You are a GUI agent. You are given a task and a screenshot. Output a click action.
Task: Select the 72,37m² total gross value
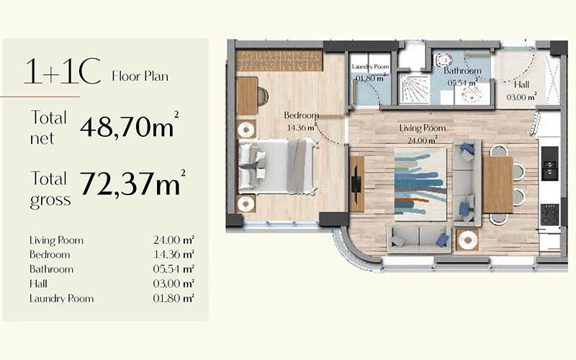(133, 183)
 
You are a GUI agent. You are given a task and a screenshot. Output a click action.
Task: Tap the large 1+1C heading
(63, 71)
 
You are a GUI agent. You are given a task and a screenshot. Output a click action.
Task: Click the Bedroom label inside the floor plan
(301, 115)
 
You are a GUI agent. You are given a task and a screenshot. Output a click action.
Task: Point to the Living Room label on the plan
(423, 128)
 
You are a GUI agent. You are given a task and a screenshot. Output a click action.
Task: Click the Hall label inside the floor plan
(521, 85)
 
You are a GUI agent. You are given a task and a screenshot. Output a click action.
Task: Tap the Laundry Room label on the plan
(370, 67)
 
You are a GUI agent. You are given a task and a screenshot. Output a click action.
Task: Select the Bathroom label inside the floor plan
(462, 71)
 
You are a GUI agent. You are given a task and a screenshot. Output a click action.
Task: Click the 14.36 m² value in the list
(174, 254)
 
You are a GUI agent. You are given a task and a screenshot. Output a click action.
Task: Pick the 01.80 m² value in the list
(174, 298)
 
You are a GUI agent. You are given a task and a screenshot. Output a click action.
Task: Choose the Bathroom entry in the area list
(51, 269)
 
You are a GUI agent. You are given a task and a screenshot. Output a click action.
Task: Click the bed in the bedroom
(277, 166)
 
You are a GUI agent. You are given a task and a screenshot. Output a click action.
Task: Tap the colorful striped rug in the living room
(420, 184)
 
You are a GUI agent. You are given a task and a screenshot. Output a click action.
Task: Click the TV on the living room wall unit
(356, 184)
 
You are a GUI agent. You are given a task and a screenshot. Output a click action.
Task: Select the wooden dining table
(498, 184)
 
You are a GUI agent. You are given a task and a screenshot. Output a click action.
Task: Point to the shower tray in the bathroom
(413, 90)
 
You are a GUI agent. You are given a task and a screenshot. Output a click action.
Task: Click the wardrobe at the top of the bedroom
(279, 60)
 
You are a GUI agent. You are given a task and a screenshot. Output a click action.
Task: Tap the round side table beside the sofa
(467, 240)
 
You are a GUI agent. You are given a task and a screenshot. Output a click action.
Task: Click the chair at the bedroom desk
(263, 96)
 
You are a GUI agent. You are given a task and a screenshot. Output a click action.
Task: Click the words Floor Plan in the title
(140, 76)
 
